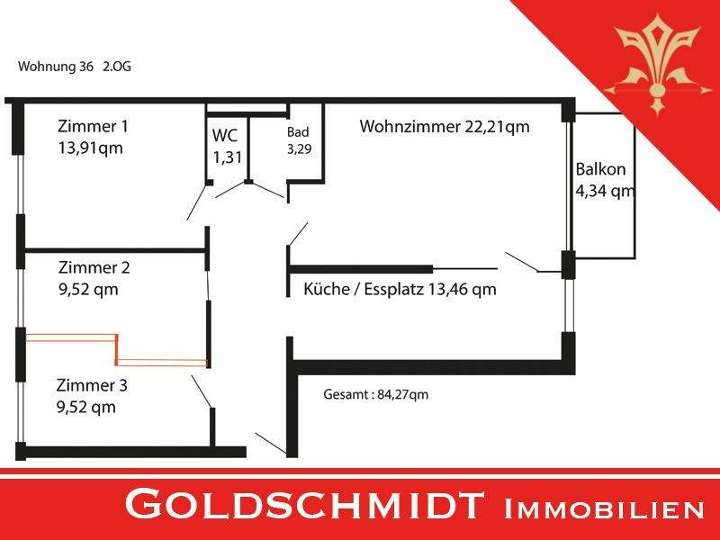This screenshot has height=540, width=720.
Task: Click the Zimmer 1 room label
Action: click(94, 126)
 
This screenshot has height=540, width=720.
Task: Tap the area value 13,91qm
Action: click(91, 148)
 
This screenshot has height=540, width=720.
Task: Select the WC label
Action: click(225, 136)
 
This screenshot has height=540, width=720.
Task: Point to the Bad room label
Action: click(298, 132)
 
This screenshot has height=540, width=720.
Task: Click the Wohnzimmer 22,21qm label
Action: click(445, 126)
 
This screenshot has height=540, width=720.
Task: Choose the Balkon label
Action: click(600, 169)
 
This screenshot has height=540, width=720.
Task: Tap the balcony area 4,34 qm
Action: click(605, 190)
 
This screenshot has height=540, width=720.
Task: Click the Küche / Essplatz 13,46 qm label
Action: click(400, 289)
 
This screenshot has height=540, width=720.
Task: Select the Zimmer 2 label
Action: click(94, 267)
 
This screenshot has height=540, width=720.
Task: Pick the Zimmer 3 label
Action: click(92, 385)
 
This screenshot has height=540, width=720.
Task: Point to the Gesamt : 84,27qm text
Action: click(375, 394)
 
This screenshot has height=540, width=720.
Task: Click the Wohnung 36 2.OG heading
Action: click(75, 67)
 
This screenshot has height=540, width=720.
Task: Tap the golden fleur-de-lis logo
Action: click(657, 64)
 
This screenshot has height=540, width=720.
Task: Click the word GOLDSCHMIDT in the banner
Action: click(304, 505)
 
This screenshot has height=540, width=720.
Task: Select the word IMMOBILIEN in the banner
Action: click(604, 509)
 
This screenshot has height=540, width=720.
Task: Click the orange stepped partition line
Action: click(117, 350)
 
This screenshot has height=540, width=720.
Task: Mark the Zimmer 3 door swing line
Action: click(202, 391)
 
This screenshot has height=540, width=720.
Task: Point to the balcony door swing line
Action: click(522, 262)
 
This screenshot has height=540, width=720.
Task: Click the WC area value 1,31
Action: click(228, 157)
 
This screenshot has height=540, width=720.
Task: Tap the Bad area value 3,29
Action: click(300, 149)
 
